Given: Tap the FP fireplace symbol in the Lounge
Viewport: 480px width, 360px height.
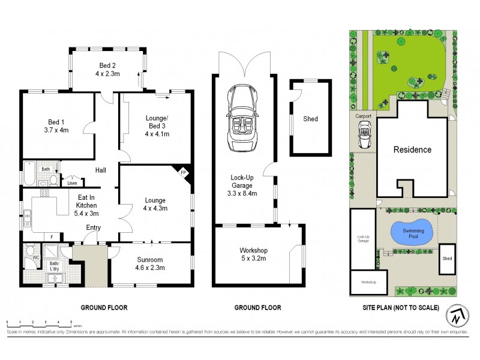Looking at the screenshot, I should point(184,172).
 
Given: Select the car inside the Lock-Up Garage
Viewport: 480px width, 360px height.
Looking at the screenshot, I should point(242,119).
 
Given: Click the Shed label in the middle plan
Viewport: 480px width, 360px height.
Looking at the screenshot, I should point(310,119).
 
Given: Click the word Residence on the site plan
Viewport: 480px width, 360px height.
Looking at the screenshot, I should point(412,149).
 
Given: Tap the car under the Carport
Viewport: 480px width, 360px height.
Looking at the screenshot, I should point(363,134).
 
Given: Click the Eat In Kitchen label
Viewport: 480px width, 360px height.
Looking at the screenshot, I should point(86,205).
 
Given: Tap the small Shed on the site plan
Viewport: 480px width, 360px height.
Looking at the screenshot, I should point(447,259).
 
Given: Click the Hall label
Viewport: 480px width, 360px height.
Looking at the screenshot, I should point(101,170).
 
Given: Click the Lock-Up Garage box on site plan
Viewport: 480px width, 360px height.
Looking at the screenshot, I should point(363,239).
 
